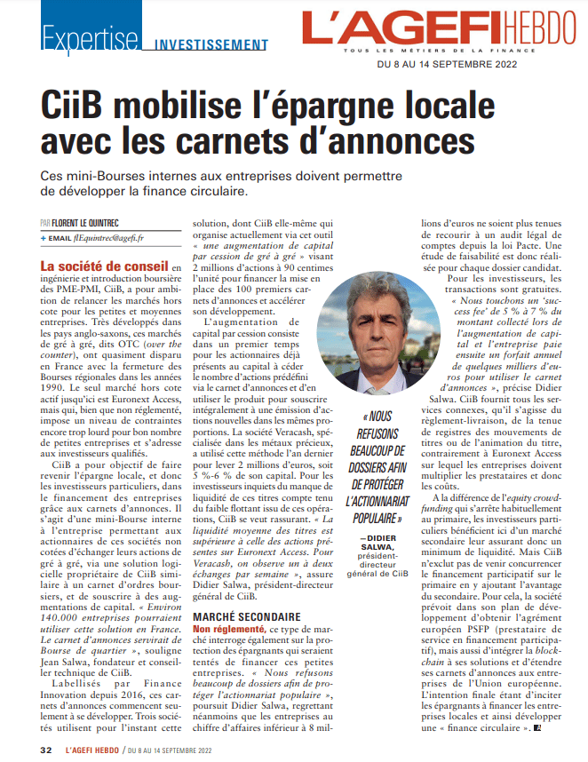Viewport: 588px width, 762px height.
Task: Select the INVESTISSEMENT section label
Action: (x=212, y=44)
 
